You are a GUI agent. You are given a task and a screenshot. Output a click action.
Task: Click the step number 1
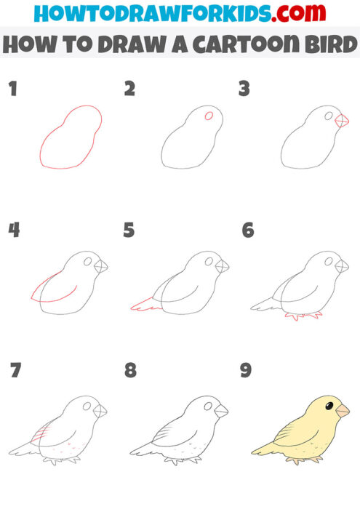point(12,89)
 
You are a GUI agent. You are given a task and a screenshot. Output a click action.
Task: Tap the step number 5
point(129,231)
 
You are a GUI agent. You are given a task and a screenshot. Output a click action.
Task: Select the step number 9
point(246,370)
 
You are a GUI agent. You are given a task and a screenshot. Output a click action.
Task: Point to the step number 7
point(15,370)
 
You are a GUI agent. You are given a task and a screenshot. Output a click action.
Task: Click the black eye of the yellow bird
point(329,405)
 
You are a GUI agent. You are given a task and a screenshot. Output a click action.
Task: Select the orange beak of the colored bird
point(342,412)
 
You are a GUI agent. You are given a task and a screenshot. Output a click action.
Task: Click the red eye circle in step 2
point(209,115)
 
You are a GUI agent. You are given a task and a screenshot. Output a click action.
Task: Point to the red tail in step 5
point(145,305)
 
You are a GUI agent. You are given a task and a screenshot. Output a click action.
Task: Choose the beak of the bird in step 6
point(341,267)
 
